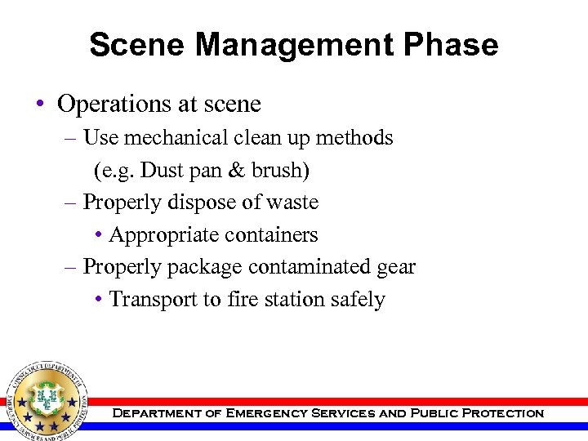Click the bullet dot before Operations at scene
click(39, 105)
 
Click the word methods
click(353, 137)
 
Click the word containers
click(273, 235)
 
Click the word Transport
click(153, 300)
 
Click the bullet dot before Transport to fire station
click(98, 300)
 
